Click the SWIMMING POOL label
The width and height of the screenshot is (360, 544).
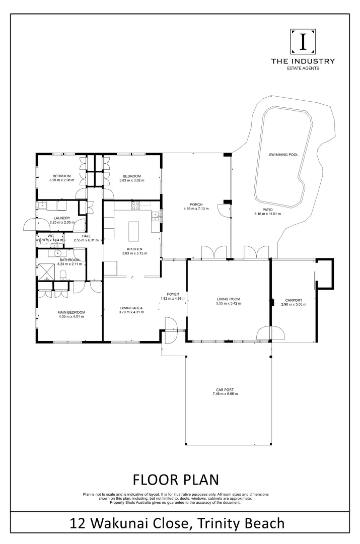[283, 155]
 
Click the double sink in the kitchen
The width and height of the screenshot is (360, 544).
[156, 217]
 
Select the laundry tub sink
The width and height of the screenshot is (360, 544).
[43, 205]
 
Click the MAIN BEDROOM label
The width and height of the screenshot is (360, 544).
[72, 312]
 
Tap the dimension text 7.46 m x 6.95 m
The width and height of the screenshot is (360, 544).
[225, 393]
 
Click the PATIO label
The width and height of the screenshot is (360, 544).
[268, 209]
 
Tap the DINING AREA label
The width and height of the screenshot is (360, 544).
[132, 308]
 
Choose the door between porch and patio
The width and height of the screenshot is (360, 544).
[222, 211]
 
